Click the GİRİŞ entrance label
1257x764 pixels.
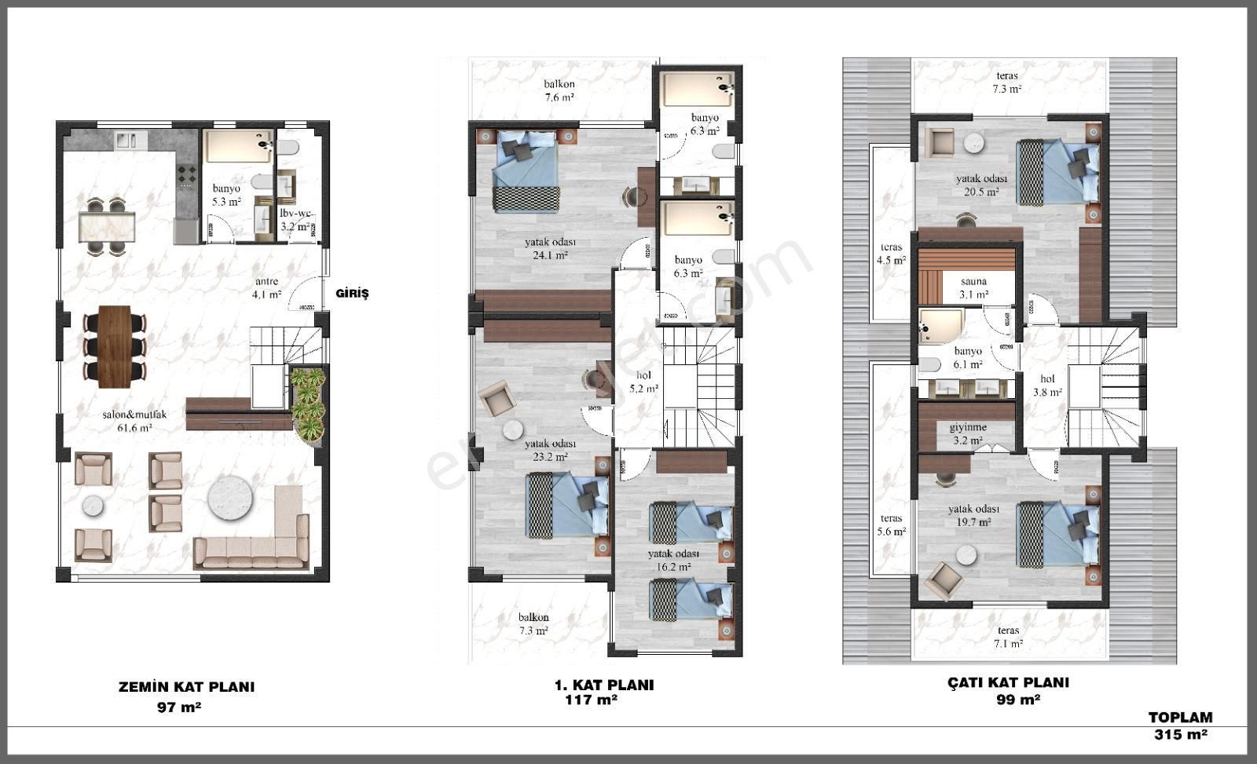tap(351, 294)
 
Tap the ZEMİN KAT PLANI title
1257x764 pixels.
tap(186, 687)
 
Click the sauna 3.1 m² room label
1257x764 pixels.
tap(973, 287)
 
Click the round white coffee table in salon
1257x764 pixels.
tap(233, 498)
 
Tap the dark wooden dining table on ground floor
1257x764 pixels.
tap(115, 346)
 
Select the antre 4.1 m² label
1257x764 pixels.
tap(266, 288)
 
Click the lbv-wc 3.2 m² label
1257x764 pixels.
tap(297, 219)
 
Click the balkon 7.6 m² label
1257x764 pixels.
tap(559, 90)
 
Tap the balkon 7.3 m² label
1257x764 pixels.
tap(533, 623)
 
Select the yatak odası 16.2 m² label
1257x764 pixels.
tap(673, 559)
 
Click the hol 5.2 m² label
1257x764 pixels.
tap(643, 382)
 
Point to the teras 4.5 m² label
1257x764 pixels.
tap(891, 254)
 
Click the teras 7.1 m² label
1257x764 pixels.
tap(1008, 637)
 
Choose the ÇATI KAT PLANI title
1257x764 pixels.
tap(1008, 683)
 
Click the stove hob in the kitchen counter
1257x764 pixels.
tap(187, 174)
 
